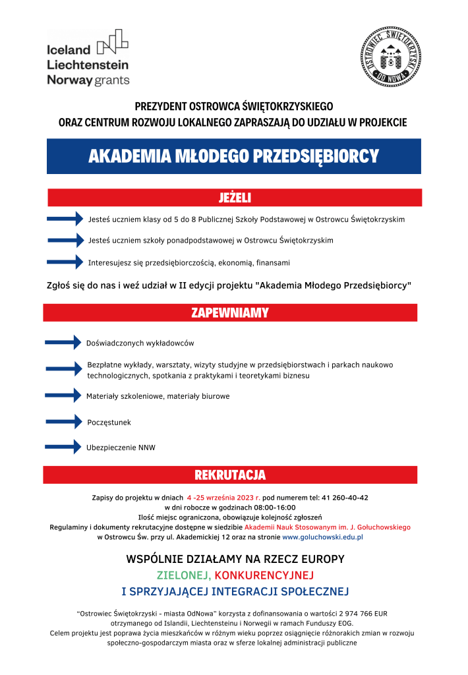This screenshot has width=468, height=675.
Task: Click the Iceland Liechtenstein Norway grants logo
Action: click(88, 58)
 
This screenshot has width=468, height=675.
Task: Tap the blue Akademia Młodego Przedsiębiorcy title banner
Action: click(233, 156)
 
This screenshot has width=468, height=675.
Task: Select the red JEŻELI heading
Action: click(235, 197)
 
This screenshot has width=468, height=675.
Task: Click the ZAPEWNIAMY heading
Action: click(230, 312)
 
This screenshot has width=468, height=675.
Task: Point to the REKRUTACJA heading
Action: click(230, 475)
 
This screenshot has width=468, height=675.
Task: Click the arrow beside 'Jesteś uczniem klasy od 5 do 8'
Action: click(66, 219)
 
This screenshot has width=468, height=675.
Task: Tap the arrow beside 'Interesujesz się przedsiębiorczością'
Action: click(66, 262)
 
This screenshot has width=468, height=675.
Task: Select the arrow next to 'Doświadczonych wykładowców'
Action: click(63, 342)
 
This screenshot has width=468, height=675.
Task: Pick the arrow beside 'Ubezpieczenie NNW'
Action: click(63, 448)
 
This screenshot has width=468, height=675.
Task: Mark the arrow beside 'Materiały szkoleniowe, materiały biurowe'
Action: click(63, 396)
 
